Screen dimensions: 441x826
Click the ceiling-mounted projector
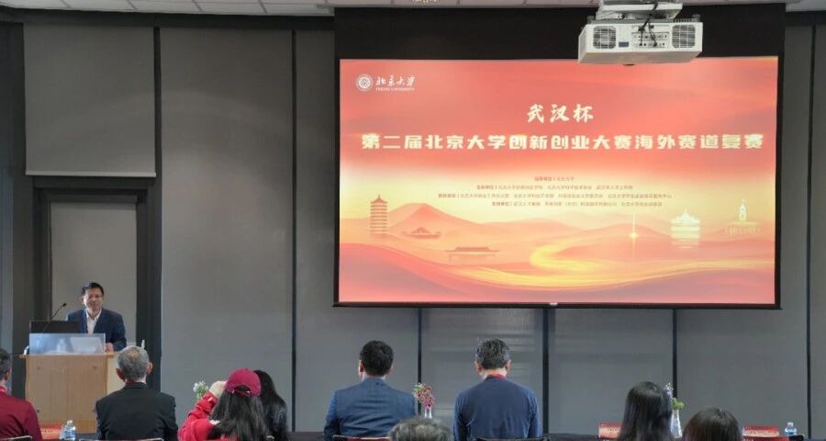(640, 38)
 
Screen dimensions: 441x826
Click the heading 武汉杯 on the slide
(559, 113)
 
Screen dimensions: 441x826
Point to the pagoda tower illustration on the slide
(378, 216)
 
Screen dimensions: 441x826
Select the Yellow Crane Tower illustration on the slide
(685, 227)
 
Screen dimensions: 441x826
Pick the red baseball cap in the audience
(242, 382)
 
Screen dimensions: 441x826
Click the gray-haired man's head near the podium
(134, 364)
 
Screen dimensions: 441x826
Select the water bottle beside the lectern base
(68, 430)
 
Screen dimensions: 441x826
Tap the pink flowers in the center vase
(424, 393)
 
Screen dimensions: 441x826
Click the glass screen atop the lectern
(66, 344)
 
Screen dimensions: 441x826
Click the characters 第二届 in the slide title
(390, 142)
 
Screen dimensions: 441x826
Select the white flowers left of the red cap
(200, 389)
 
